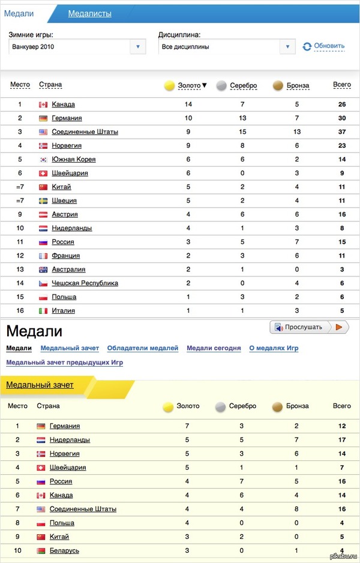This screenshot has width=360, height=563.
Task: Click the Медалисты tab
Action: (x=89, y=14)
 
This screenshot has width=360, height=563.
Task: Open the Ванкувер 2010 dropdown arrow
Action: (x=138, y=46)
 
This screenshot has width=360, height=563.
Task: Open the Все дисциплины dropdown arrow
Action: (x=288, y=46)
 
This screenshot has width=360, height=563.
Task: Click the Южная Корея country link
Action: (x=73, y=160)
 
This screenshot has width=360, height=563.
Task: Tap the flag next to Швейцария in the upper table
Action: (x=43, y=173)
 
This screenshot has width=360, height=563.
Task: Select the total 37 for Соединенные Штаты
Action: (x=341, y=132)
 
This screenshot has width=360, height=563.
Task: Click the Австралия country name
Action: (x=68, y=269)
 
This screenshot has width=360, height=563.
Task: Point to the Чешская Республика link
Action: (x=85, y=283)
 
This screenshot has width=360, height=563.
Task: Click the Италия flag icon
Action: (x=43, y=311)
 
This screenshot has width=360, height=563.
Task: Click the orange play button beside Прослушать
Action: (x=339, y=327)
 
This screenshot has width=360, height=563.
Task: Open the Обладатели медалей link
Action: (x=143, y=348)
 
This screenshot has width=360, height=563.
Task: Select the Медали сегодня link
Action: (x=214, y=348)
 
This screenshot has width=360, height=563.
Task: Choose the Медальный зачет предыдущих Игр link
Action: (x=64, y=363)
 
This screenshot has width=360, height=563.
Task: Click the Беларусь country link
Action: (x=64, y=550)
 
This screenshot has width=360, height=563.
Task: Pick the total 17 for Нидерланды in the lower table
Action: (x=341, y=440)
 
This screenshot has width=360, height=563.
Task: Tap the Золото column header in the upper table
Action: (x=189, y=86)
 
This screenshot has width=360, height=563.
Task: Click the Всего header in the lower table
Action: (x=341, y=406)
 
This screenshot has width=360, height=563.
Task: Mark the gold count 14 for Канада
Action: (x=188, y=104)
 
